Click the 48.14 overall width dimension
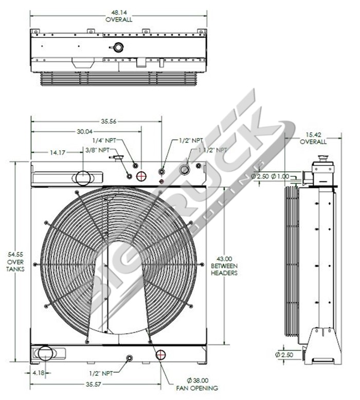click(119, 15)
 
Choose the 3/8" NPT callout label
click(97, 150)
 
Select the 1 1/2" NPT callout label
click(212, 150)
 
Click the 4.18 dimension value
click(38, 372)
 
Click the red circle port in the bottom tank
click(161, 355)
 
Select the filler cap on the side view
click(323, 157)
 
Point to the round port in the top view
click(119, 48)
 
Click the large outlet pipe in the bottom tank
click(45, 353)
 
